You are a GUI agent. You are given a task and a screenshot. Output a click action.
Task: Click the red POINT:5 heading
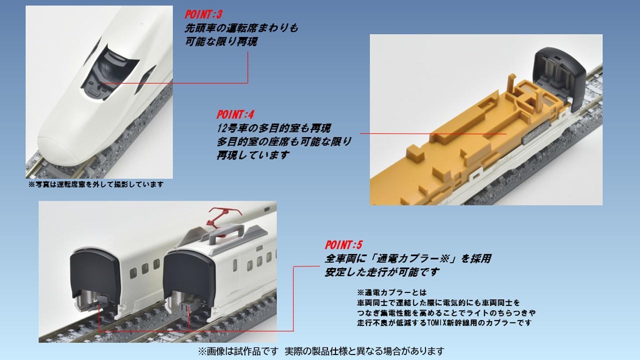(x=343, y=245)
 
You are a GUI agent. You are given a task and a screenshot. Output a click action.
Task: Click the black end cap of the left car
(x=94, y=274)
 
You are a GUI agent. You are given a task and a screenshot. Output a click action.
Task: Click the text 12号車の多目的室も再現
(x=273, y=128)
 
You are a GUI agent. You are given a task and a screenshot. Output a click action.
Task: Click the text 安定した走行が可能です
(x=382, y=272)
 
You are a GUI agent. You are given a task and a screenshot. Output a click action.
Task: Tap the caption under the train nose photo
(x=96, y=184)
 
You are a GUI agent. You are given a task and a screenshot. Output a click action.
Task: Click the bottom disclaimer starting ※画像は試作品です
(x=321, y=350)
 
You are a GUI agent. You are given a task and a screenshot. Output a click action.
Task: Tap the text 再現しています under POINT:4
(x=253, y=155)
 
